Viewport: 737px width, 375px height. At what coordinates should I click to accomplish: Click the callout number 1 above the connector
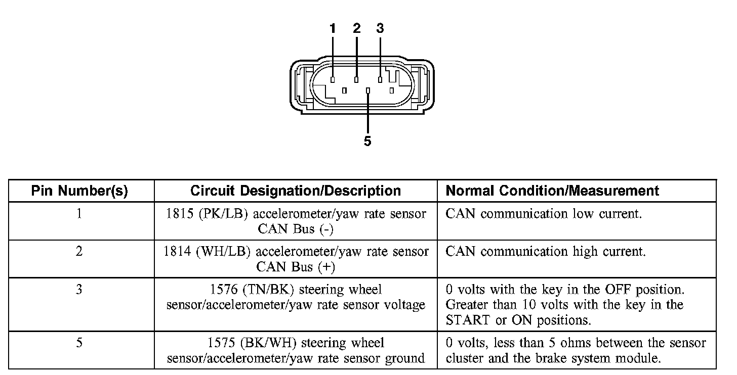[333, 29]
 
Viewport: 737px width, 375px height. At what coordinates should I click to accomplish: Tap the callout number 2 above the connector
[356, 29]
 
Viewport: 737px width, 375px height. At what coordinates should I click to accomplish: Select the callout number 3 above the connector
[380, 29]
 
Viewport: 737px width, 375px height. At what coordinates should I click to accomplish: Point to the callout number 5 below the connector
[367, 142]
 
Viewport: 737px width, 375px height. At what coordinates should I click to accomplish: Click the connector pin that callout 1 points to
[333, 80]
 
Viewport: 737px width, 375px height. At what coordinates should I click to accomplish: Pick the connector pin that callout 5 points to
[368, 91]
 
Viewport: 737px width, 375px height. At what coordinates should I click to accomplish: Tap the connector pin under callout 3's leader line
[380, 80]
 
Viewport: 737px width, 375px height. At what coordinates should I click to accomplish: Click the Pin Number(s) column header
[79, 191]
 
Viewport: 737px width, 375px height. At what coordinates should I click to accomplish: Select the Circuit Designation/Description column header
[296, 191]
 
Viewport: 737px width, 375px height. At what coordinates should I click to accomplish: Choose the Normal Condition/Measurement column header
[552, 191]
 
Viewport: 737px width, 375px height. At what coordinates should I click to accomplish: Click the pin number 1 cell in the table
[79, 214]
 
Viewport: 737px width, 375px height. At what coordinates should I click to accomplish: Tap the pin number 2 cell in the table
[79, 251]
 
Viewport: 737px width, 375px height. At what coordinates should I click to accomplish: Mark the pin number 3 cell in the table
[79, 290]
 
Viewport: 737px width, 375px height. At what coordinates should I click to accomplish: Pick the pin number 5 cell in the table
[79, 343]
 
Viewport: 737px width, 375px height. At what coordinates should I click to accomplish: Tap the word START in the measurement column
[467, 320]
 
